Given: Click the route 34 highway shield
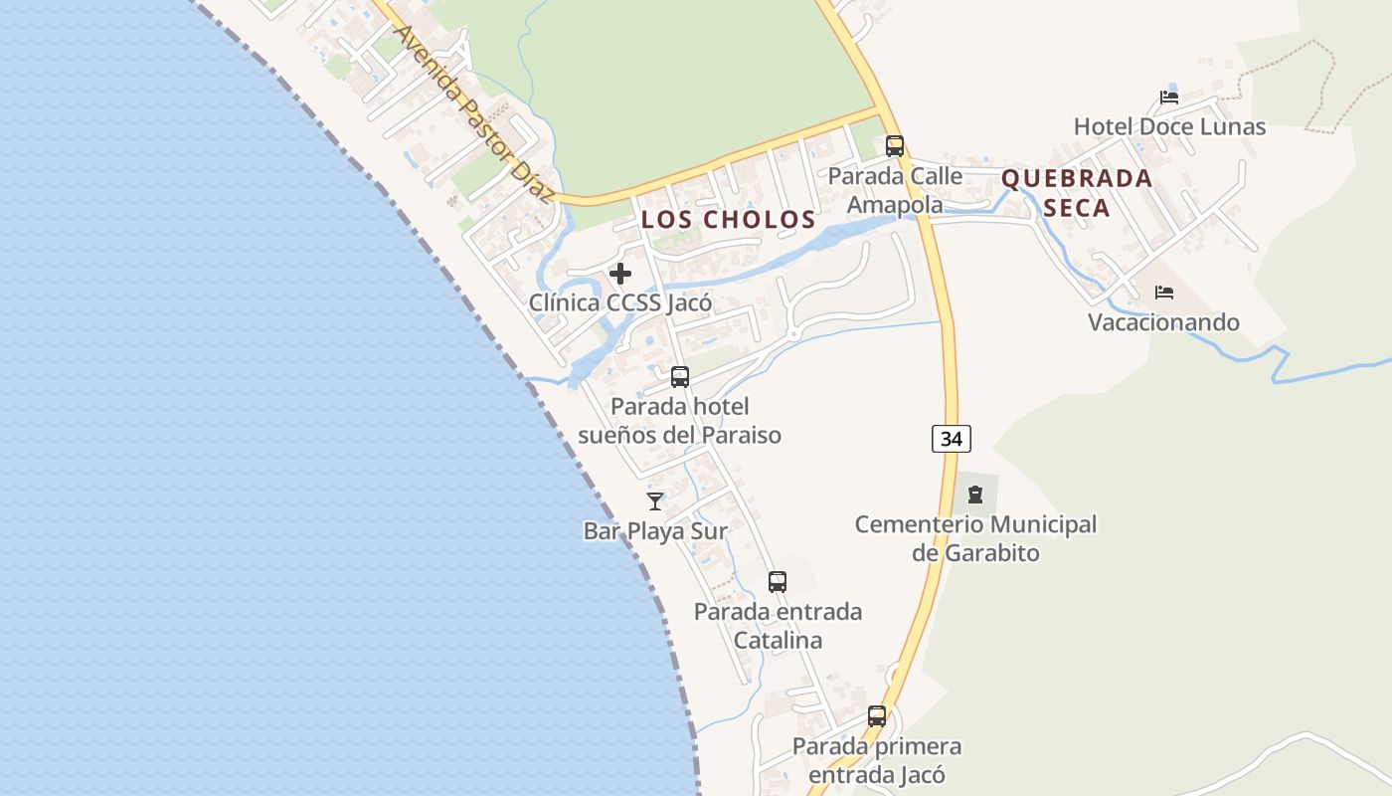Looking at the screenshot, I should pos(952,438).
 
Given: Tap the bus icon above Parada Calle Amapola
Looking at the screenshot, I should pos(895,146).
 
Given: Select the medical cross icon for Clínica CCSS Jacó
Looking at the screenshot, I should pos(620,274).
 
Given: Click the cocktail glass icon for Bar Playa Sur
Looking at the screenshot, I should pos(655,501).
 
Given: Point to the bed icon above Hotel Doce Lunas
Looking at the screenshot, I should pos(1169,98).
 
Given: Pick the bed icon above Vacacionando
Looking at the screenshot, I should pos(1164,293).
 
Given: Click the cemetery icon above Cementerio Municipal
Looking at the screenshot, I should pos(975,494).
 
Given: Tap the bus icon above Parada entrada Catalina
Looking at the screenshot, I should pos(778,582).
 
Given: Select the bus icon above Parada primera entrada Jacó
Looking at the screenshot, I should pos(877,716).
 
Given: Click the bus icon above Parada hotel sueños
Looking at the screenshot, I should pos(680,377).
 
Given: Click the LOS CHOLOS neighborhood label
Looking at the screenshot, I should pos(729,220).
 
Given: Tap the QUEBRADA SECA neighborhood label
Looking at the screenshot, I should pos(1077,193).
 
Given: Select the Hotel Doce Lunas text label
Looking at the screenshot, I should pos(1169,127).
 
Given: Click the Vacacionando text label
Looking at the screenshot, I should pos(1163,322).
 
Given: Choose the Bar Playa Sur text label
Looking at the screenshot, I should pos(655,531).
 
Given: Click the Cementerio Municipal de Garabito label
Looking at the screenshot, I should pos(975,538).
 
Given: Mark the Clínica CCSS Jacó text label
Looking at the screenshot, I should pos(620,303).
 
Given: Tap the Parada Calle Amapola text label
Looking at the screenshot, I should pos(895,190).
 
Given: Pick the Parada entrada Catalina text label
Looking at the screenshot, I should pos(778,626).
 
